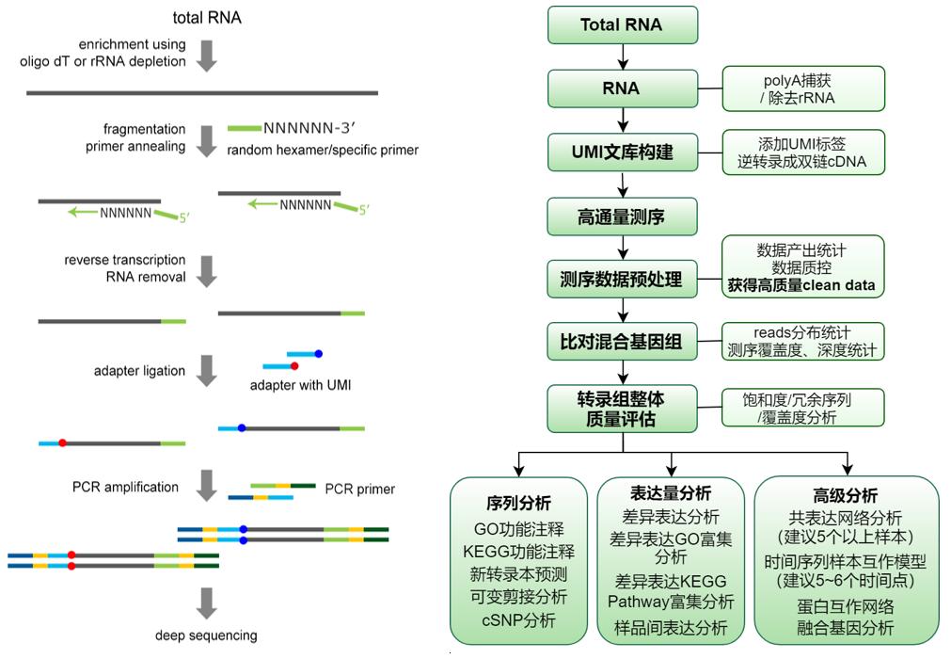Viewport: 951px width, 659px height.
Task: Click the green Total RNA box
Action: (622, 25)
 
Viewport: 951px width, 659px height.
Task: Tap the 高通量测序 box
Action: (622, 217)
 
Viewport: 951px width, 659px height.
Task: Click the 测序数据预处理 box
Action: (622, 280)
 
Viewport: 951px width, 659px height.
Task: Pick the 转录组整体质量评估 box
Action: (622, 409)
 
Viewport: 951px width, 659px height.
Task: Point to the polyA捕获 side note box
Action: (803, 88)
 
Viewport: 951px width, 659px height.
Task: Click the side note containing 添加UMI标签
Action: (803, 153)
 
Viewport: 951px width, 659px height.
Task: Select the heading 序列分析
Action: (518, 504)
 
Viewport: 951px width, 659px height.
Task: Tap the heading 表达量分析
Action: (671, 492)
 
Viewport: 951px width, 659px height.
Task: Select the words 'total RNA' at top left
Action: (207, 18)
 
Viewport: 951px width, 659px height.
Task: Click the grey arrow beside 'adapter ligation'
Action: (207, 371)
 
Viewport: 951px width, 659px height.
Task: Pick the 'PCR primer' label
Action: (360, 489)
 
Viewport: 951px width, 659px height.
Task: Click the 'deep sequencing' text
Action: (205, 635)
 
